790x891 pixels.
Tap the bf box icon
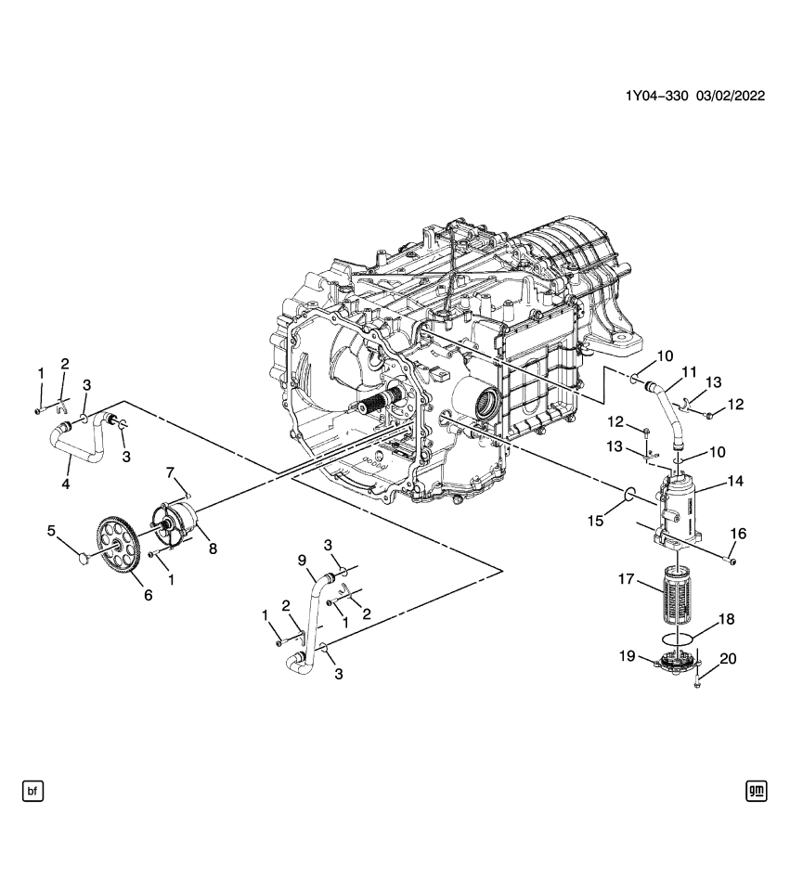point(33,791)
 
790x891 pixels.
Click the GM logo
point(756,791)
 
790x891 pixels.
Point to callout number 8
point(213,549)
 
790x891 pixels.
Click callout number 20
point(728,659)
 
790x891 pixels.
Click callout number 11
point(690,373)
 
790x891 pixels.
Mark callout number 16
point(739,534)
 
